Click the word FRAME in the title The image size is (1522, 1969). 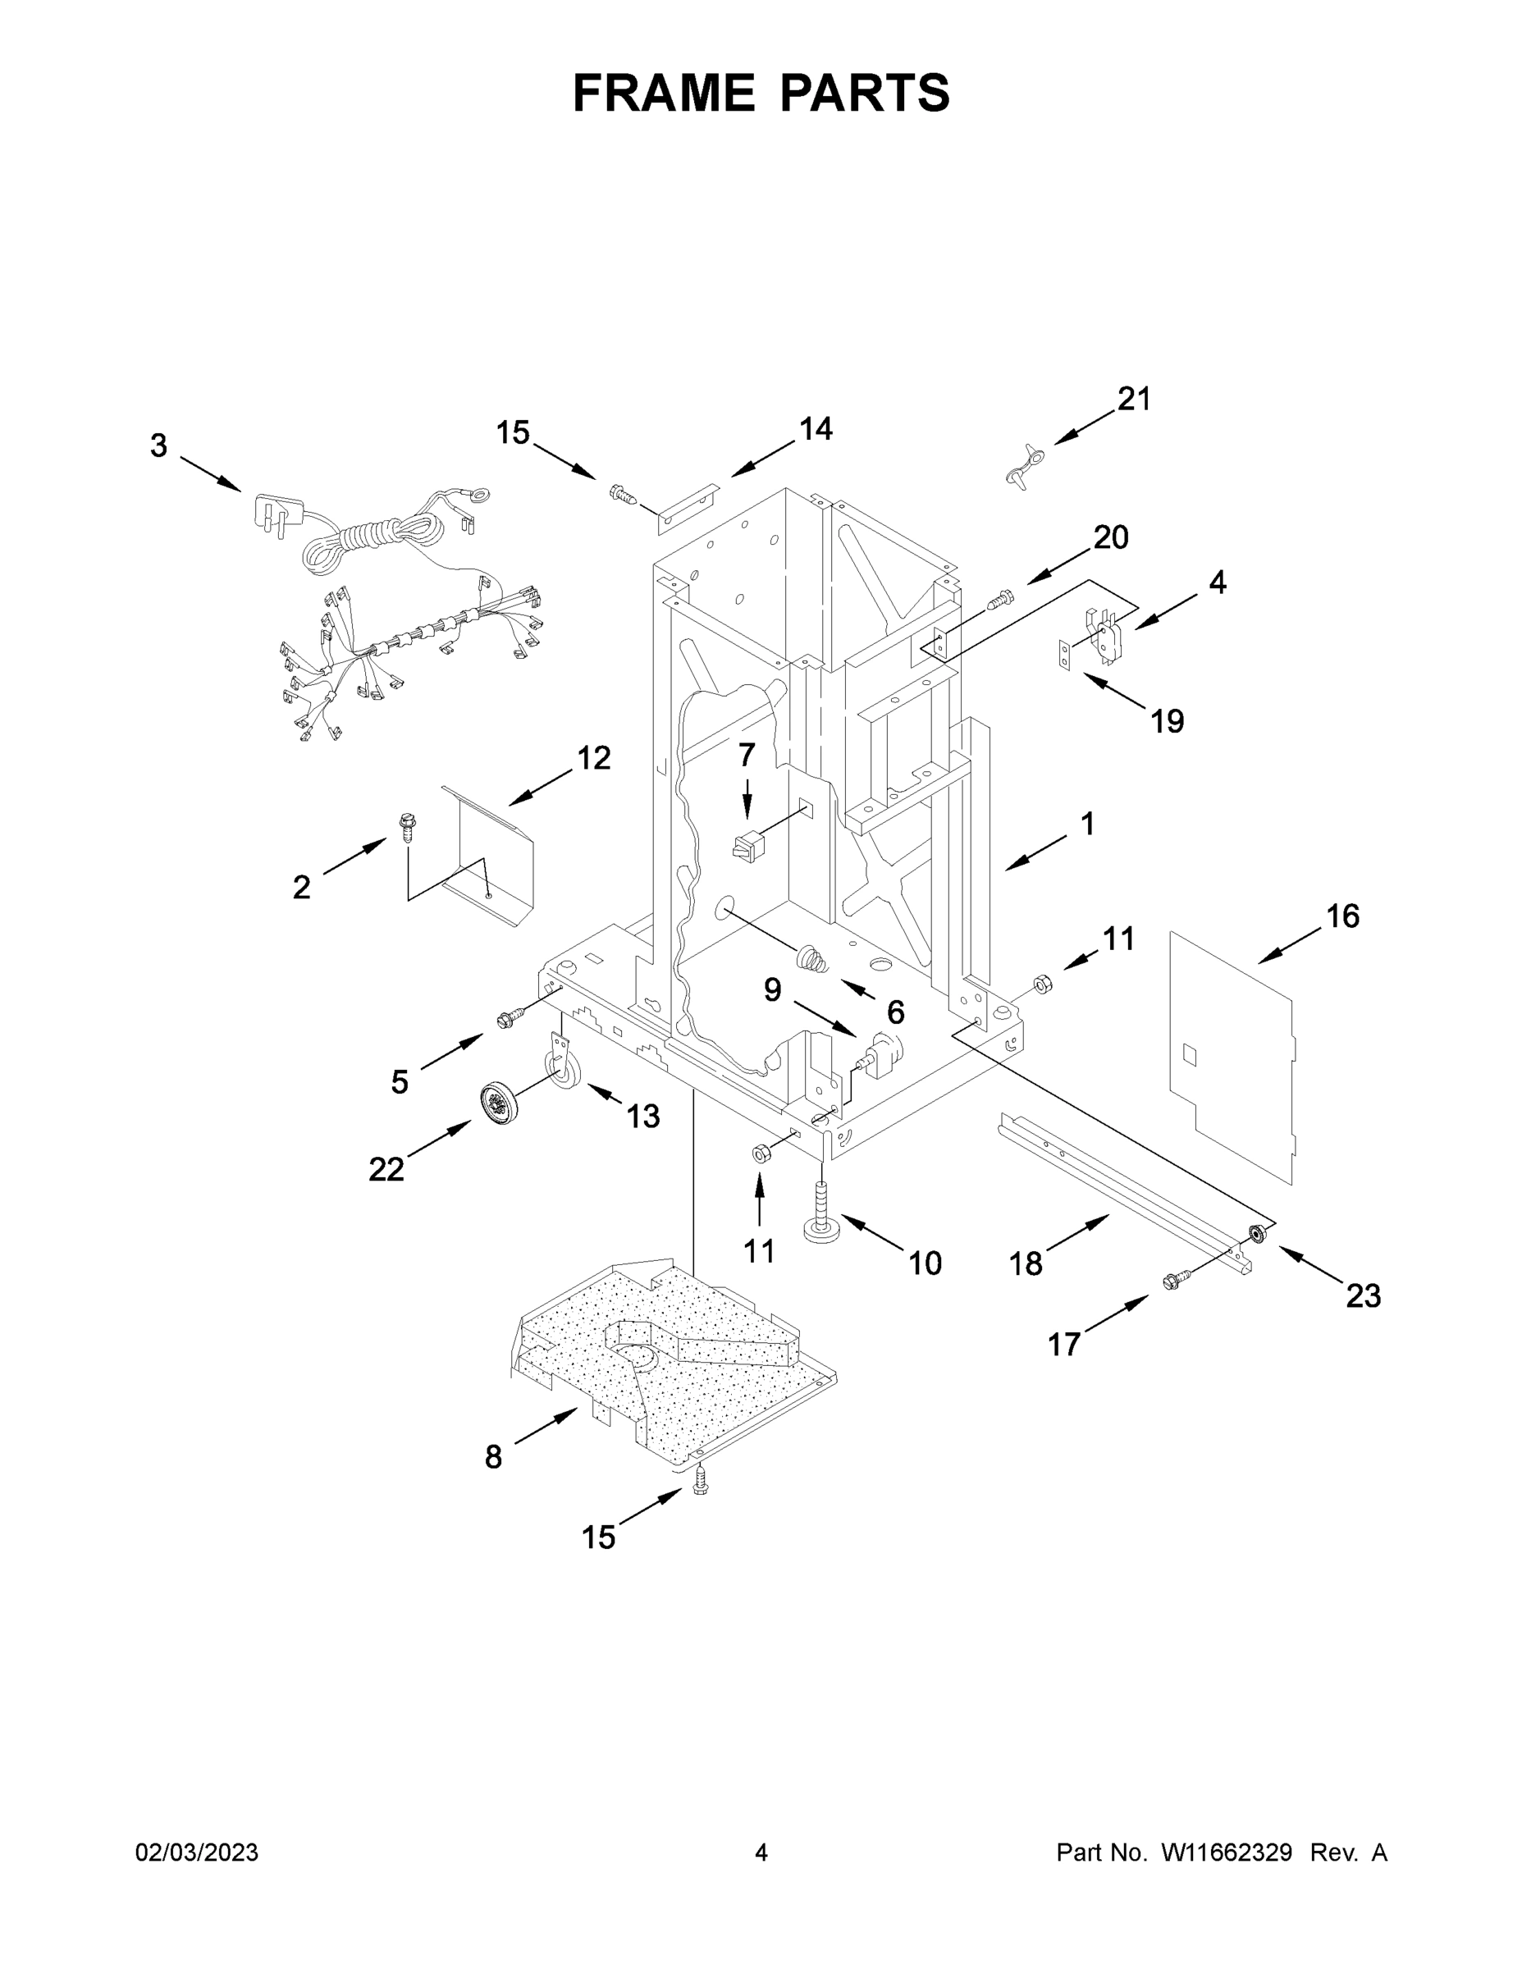coord(665,93)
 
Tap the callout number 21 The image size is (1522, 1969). coord(1134,399)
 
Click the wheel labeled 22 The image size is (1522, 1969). coord(498,1103)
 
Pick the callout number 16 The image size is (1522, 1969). coord(1342,916)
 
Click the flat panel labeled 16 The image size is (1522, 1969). coord(1231,1055)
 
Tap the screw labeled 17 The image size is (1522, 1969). coord(1176,1277)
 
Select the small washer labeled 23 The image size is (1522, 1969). coord(1256,1232)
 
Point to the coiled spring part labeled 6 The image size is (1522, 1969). coord(813,958)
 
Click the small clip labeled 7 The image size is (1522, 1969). coord(747,847)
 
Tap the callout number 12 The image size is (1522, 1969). coord(594,757)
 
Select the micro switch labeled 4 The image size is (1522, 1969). coord(1107,634)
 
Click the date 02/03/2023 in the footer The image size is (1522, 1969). coord(197,1853)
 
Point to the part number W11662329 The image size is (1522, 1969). coord(1227,1853)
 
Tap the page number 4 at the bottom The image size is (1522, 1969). coord(761,1853)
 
